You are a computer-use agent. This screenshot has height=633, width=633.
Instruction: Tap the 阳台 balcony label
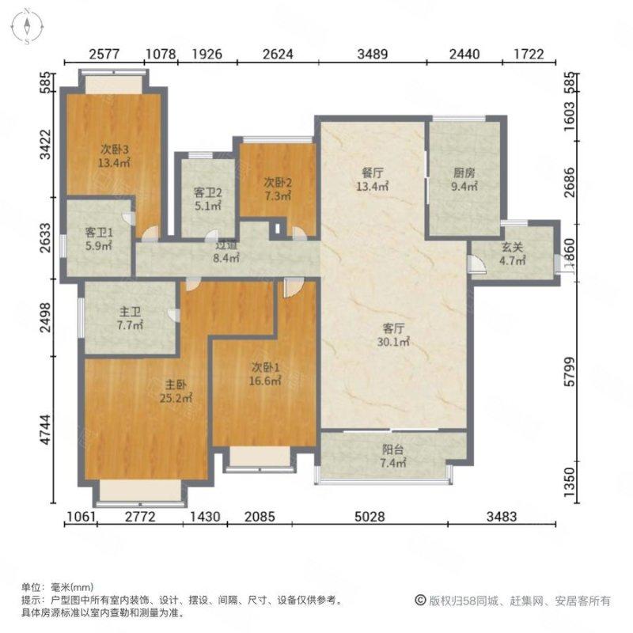pos(392,449)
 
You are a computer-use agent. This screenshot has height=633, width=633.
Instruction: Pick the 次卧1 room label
pos(265,366)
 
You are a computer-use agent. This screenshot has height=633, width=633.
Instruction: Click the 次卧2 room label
pos(276,180)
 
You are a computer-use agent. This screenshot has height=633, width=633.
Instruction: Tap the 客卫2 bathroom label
pos(207,191)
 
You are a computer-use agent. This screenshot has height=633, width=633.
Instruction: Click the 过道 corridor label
pos(226,245)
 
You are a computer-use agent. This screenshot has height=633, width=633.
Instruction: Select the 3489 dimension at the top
pos(373,55)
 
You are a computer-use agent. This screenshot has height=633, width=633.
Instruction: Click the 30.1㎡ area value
pos(393,342)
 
